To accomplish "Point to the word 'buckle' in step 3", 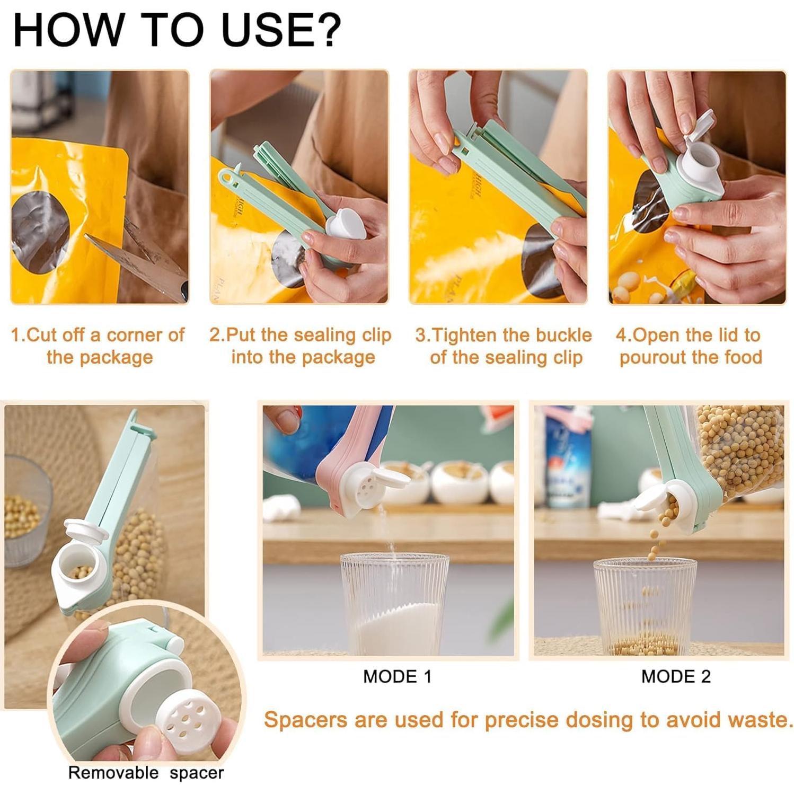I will (x=563, y=335).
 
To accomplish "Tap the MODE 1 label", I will (x=397, y=676).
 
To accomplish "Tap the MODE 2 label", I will (x=675, y=676).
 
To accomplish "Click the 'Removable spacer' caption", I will (x=146, y=772).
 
